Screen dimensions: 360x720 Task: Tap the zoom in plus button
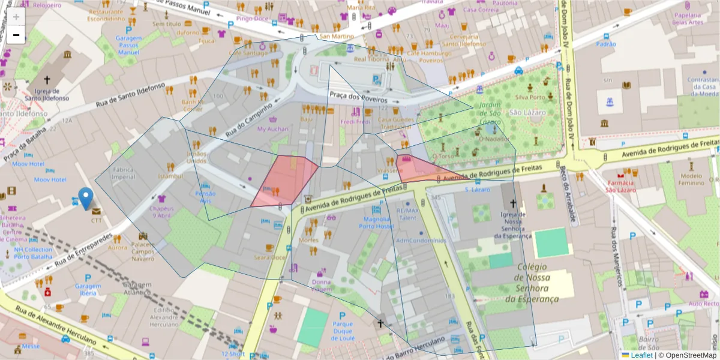(x=16, y=16)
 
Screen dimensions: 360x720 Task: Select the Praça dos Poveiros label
(x=358, y=97)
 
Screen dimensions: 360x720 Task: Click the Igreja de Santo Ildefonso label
(x=47, y=94)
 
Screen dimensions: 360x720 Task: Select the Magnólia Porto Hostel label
(x=376, y=223)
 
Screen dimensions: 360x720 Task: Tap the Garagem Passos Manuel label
(x=128, y=45)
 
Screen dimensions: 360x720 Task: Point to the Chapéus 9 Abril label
(x=161, y=212)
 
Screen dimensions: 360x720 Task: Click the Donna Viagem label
(x=321, y=286)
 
